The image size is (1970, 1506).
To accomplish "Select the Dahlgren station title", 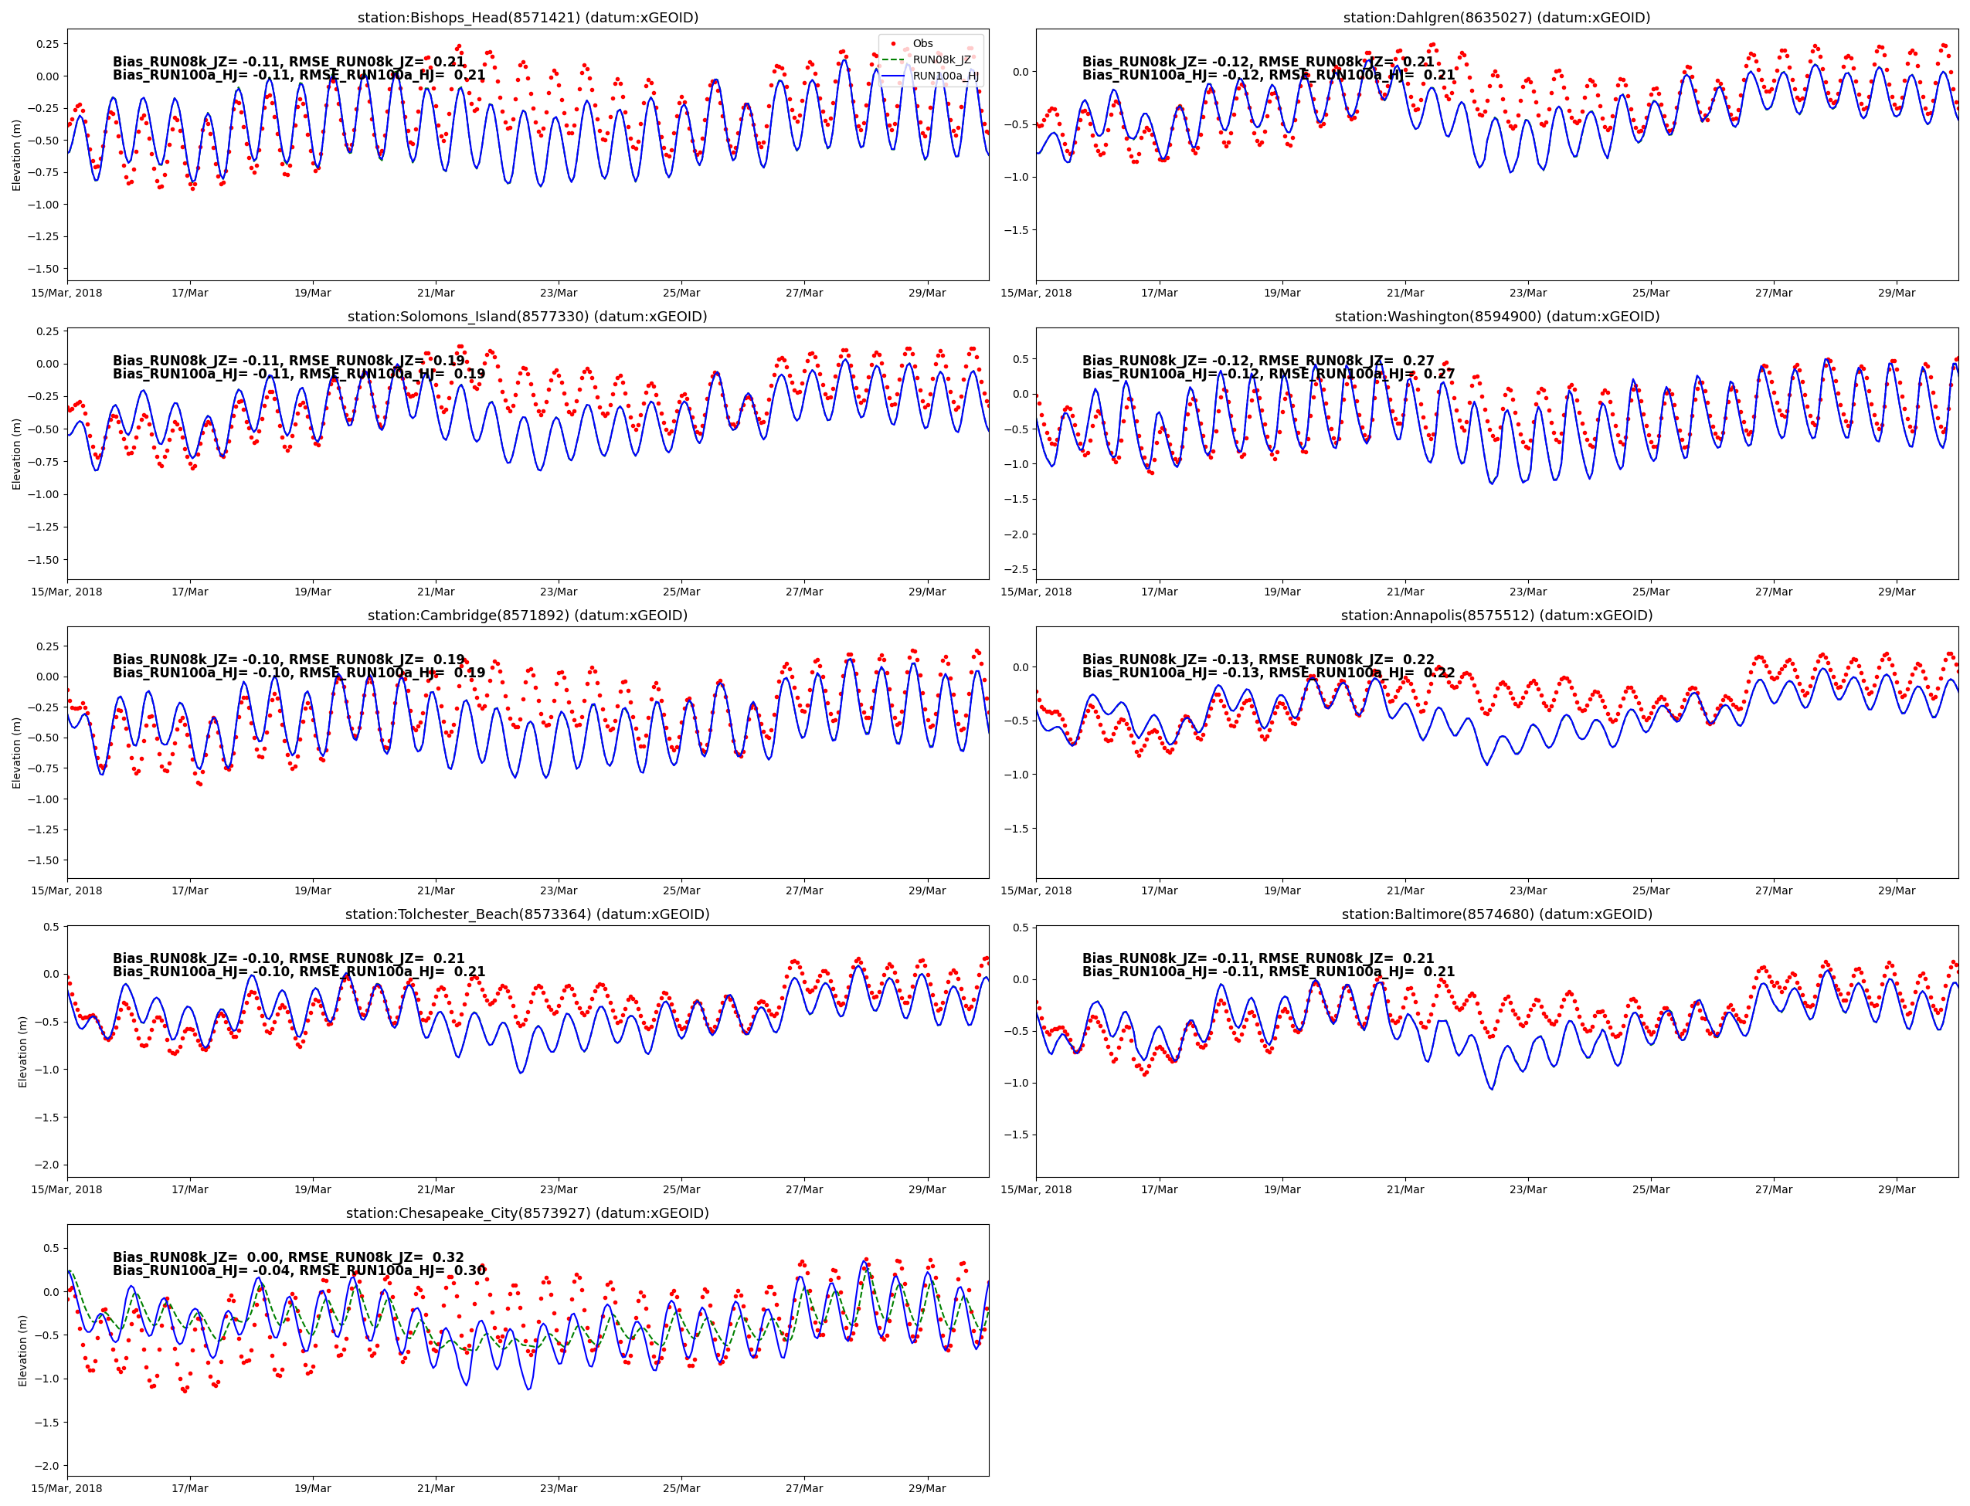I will pyautogui.click(x=1496, y=18).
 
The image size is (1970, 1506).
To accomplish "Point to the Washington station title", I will pyautogui.click(x=1496, y=317).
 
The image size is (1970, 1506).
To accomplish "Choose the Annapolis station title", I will pyautogui.click(x=1496, y=616).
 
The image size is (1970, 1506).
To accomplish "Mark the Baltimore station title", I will pyautogui.click(x=1496, y=914).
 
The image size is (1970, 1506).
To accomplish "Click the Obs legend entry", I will pyautogui.click(x=922, y=44).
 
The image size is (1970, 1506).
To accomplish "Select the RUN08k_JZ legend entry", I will pyautogui.click(x=941, y=60).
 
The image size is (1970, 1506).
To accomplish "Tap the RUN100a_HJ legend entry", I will pyautogui.click(x=944, y=76).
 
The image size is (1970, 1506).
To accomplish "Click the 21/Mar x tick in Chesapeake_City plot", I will pyautogui.click(x=436, y=1488).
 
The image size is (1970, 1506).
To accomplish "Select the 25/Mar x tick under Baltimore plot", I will pyautogui.click(x=1650, y=1189).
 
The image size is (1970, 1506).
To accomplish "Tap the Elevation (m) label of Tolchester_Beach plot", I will pyautogui.click(x=23, y=1052).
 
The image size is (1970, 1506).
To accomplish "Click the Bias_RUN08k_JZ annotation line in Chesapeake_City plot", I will pyautogui.click(x=288, y=1257).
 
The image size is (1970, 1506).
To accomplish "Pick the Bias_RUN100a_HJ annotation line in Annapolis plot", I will pyautogui.click(x=1268, y=673).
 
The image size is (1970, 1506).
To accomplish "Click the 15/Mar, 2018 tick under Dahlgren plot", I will pyautogui.click(x=1036, y=293).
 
